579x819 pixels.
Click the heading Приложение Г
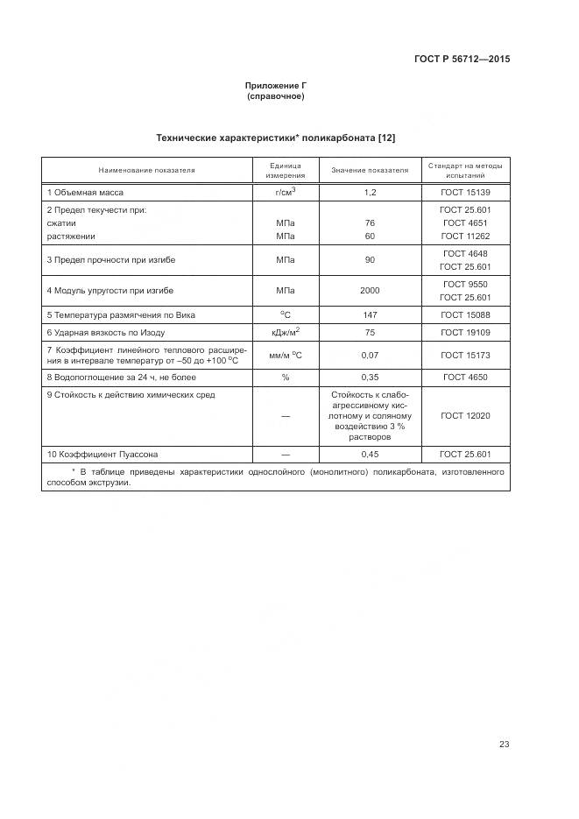(276, 86)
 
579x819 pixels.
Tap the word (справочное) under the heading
(276, 96)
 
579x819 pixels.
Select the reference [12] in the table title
(387, 138)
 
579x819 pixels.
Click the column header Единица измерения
(285, 170)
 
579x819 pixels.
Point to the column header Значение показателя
(369, 170)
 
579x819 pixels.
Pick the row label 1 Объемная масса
(85, 192)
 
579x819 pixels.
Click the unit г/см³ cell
(285, 191)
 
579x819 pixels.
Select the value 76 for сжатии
(369, 223)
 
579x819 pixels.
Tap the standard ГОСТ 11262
(465, 237)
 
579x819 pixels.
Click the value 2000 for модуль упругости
(369, 290)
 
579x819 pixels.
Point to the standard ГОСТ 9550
(465, 284)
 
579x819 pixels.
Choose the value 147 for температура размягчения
(369, 314)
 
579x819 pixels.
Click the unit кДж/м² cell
(285, 332)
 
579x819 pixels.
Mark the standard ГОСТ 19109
(465, 333)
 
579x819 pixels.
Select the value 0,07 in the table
(369, 356)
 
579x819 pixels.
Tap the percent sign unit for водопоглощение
(285, 378)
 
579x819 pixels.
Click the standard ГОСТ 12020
(465, 416)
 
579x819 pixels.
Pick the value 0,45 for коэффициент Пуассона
(369, 455)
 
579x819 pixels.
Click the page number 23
(504, 720)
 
